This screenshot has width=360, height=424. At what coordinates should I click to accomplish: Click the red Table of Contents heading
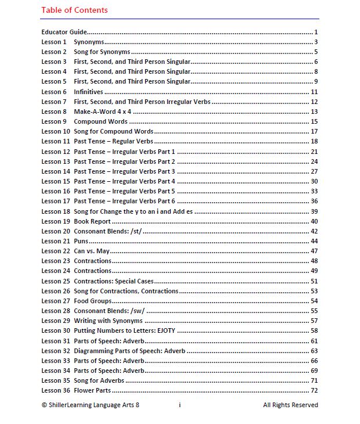pos(74,10)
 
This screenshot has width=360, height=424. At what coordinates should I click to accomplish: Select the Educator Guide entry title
pos(64,32)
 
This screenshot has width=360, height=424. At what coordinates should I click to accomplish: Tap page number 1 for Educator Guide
pos(315,32)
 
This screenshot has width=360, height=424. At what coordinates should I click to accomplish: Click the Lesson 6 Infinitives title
pos(88,92)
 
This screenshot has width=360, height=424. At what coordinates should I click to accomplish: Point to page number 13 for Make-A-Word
pos(314,112)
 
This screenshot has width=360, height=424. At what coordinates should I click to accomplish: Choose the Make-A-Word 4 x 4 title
pos(98,112)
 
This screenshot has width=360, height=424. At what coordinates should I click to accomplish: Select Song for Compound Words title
pos(114,132)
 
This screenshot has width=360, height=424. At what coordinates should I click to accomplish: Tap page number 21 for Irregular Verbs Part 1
pos(314,152)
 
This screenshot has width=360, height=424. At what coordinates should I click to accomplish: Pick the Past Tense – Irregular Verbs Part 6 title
pos(124,201)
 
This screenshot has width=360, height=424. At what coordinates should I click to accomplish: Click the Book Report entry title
pos(92,221)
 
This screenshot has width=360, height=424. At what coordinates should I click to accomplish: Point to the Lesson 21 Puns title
pos(81,241)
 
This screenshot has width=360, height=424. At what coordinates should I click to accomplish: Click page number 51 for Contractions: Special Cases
pos(314,281)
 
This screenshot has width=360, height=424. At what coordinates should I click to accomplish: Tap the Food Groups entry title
pos(93,301)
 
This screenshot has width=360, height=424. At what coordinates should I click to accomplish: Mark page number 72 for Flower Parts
pos(314,390)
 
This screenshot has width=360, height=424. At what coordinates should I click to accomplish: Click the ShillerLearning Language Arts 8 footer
pos(91,405)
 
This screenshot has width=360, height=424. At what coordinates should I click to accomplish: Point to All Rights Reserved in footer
pos(290,405)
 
